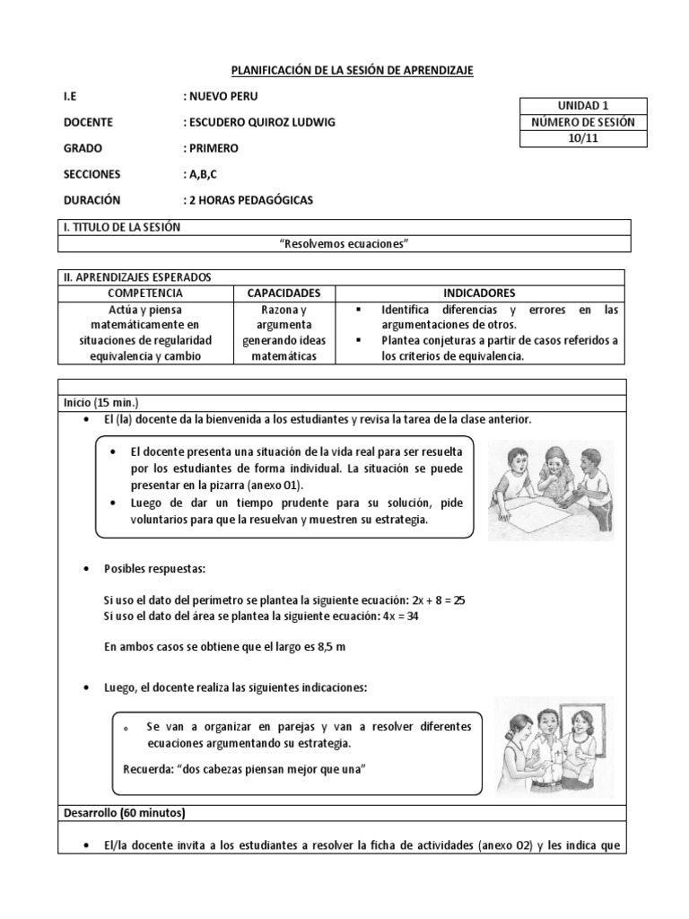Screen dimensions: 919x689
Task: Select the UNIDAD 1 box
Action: (583, 106)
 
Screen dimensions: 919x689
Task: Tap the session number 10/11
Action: (583, 138)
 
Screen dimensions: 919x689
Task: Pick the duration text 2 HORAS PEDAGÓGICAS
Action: (248, 200)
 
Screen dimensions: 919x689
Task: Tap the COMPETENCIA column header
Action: (145, 293)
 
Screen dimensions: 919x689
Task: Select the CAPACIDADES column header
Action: (283, 293)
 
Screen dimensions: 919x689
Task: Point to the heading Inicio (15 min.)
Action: (100, 402)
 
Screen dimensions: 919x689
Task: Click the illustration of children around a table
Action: (551, 489)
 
